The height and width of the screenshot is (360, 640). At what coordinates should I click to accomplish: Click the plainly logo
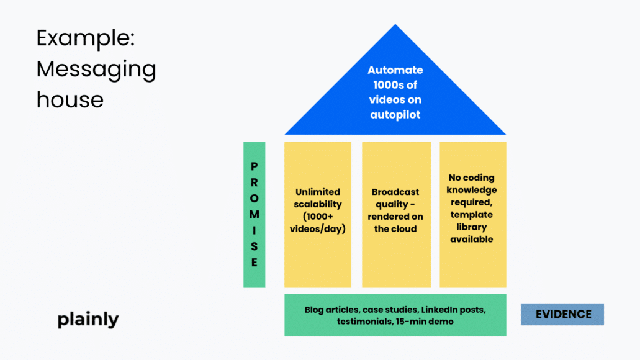(x=88, y=320)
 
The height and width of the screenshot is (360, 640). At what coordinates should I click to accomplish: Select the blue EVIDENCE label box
(x=562, y=314)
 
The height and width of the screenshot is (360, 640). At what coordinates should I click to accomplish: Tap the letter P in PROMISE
(x=254, y=166)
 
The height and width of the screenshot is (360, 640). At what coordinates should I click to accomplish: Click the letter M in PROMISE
(x=254, y=214)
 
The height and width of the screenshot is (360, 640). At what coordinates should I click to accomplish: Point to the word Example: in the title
(x=86, y=38)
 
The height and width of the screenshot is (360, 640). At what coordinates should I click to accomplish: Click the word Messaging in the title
(x=96, y=68)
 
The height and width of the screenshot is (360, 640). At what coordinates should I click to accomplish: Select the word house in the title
(x=70, y=99)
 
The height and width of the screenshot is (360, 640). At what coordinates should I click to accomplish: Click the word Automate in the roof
(x=395, y=70)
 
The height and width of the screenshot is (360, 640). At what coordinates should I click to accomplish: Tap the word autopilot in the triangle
(x=395, y=115)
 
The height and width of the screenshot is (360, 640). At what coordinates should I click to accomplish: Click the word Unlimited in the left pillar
(x=318, y=192)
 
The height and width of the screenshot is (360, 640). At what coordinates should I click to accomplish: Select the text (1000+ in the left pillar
(x=318, y=217)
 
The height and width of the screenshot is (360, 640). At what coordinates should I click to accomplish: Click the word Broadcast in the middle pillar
(x=395, y=192)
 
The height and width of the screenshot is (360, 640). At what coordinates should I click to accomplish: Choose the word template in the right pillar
(x=471, y=214)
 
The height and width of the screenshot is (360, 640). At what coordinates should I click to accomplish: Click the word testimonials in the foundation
(x=364, y=322)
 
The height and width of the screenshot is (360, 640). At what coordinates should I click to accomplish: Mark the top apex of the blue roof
(x=395, y=25)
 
